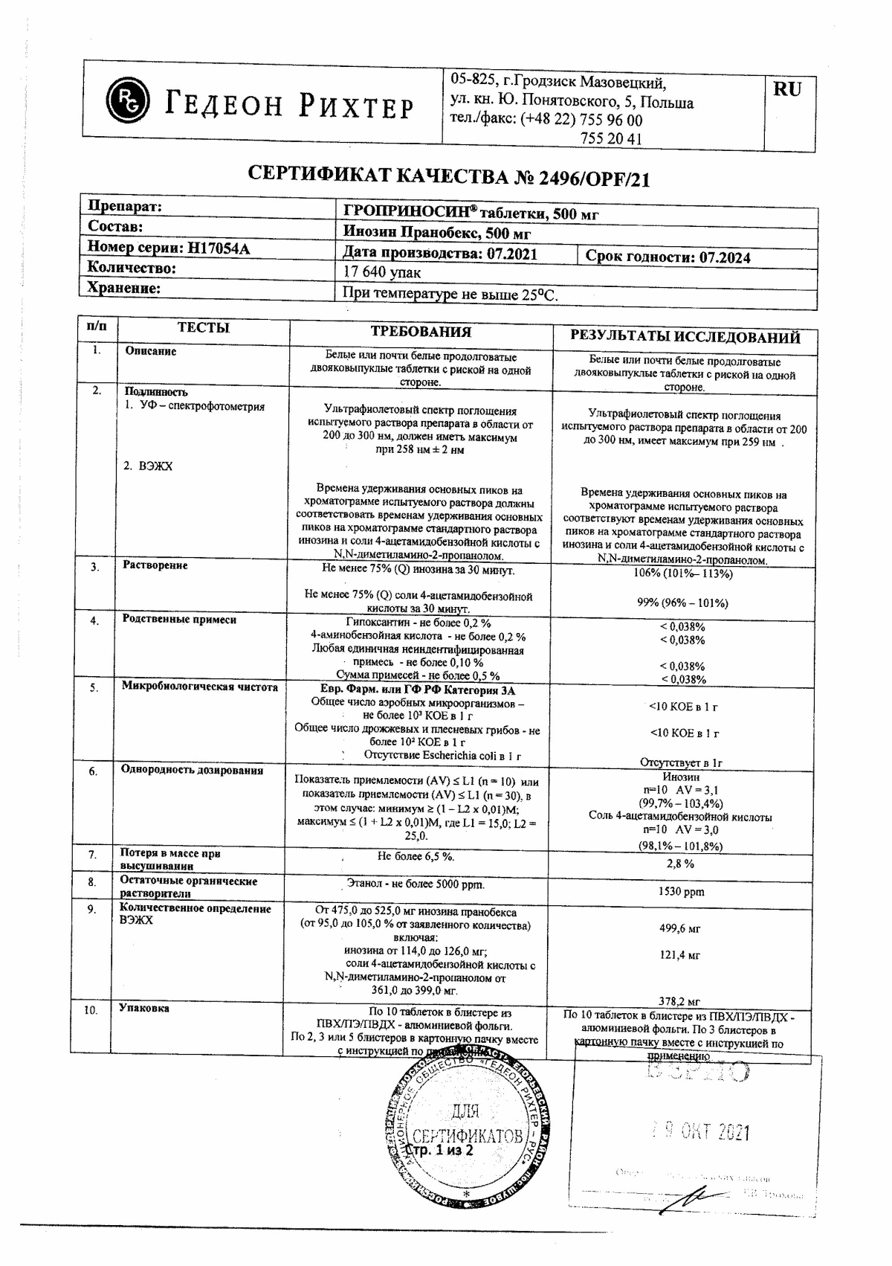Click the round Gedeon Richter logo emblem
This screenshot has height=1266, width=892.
(128, 100)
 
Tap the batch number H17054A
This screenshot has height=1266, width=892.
(219, 248)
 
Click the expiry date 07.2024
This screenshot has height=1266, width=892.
(725, 257)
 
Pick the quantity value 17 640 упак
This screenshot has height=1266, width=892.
(381, 273)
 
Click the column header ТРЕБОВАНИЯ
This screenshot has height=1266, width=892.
(421, 332)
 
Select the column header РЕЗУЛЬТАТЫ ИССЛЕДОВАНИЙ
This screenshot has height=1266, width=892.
(685, 337)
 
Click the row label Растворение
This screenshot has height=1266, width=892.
(155, 565)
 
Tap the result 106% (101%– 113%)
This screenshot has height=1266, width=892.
(682, 573)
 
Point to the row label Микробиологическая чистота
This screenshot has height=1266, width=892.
(199, 687)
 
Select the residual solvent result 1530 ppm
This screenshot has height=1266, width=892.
(681, 891)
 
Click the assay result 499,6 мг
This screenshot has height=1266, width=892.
(680, 928)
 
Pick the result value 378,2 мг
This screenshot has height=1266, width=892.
(679, 1001)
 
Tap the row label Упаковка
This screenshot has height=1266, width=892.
(143, 1008)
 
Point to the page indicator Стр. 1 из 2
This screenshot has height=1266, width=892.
(442, 1151)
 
